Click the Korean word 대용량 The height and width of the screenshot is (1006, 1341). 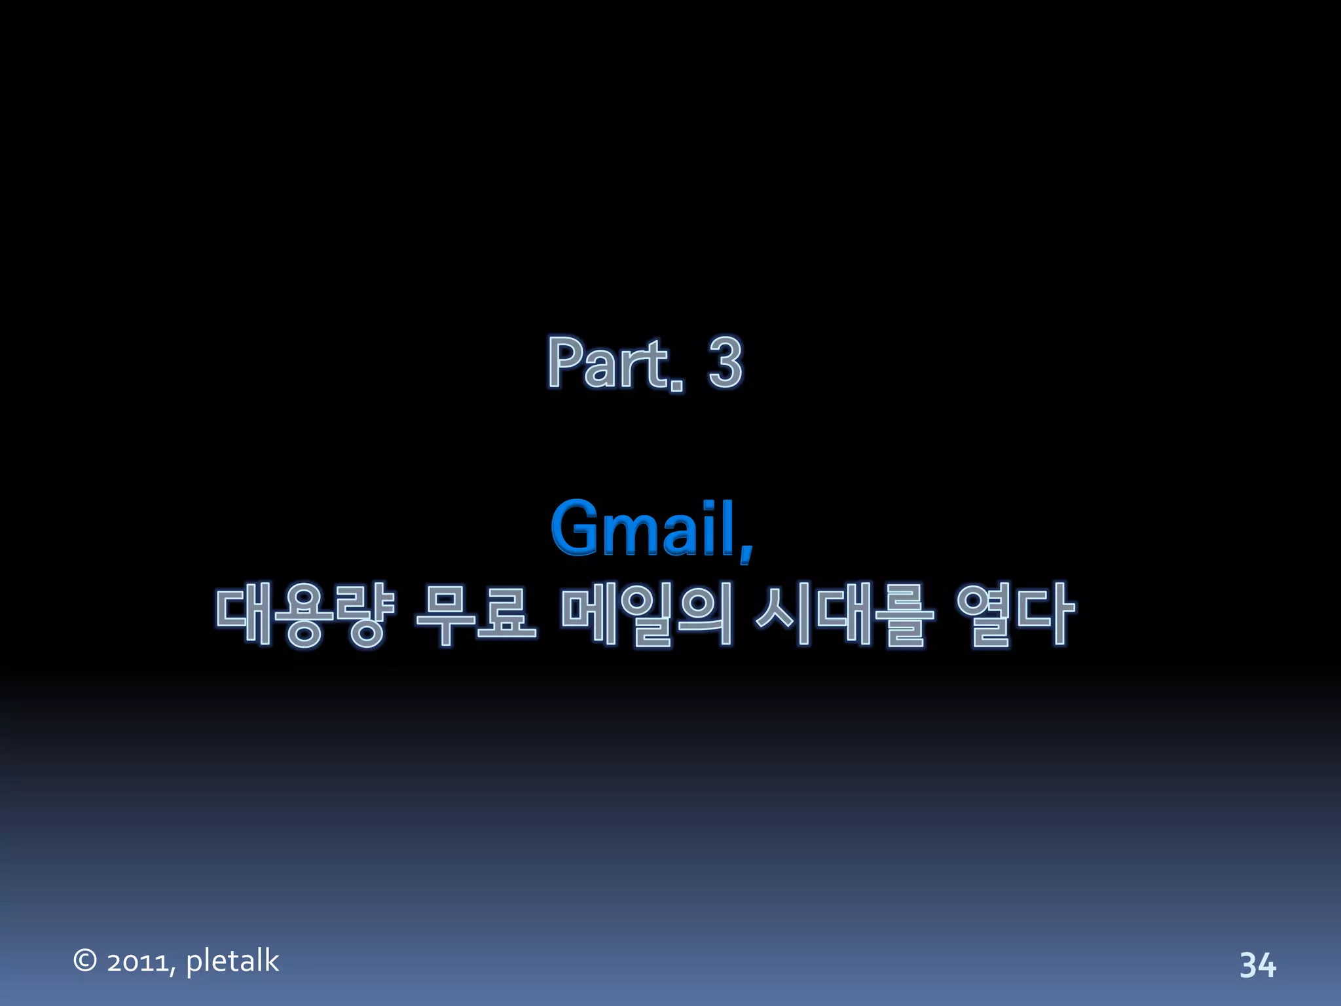(305, 614)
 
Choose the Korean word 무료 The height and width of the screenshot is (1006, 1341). (476, 614)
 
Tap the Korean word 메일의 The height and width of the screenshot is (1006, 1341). (646, 614)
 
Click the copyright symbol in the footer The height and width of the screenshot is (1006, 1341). (85, 960)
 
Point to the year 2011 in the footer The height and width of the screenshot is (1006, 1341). (139, 962)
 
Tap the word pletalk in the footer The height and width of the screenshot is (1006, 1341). (232, 961)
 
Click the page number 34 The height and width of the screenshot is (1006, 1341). (1257, 965)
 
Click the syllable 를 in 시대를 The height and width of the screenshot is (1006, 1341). (904, 614)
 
